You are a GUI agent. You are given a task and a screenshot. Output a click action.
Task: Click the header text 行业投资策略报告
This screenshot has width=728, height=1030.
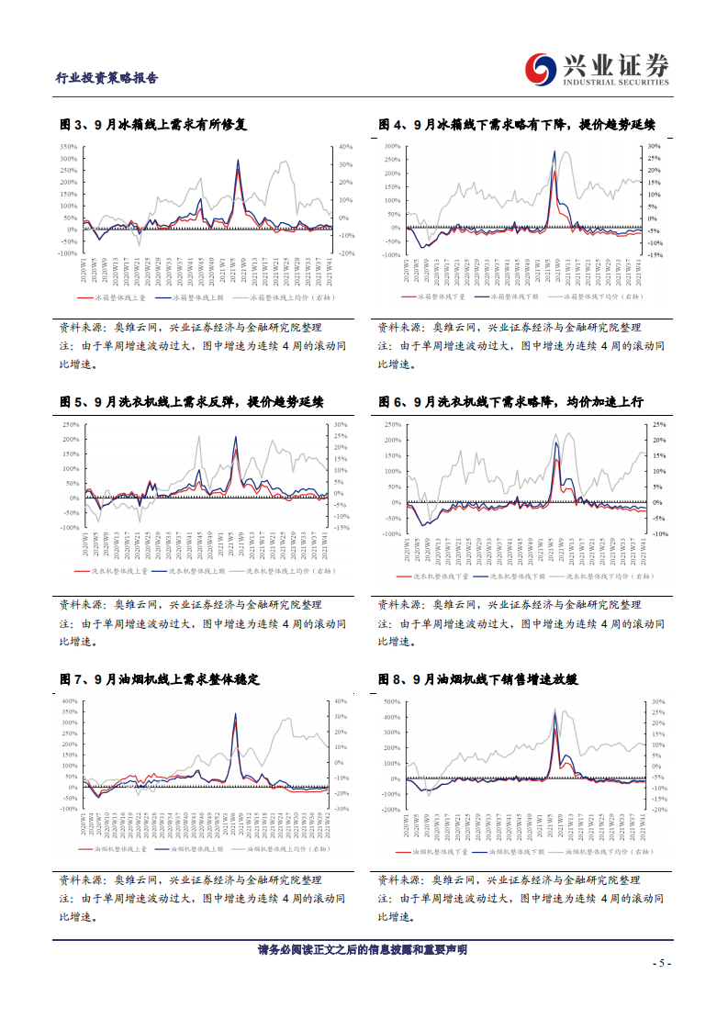tap(107, 78)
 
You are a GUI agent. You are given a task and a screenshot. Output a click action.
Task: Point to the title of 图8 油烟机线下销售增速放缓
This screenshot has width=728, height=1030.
tap(487, 679)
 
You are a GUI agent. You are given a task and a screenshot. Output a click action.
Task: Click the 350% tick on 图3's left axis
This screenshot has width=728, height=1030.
tap(68, 147)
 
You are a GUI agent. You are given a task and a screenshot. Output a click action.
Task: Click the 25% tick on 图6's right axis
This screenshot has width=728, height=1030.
tap(658, 425)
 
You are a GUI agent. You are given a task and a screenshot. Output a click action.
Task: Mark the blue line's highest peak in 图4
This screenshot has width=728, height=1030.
tap(554, 152)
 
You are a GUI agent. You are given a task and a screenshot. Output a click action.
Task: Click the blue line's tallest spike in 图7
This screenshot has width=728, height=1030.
tap(235, 713)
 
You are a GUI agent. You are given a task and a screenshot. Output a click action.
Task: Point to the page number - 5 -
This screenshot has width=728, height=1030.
tap(661, 963)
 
